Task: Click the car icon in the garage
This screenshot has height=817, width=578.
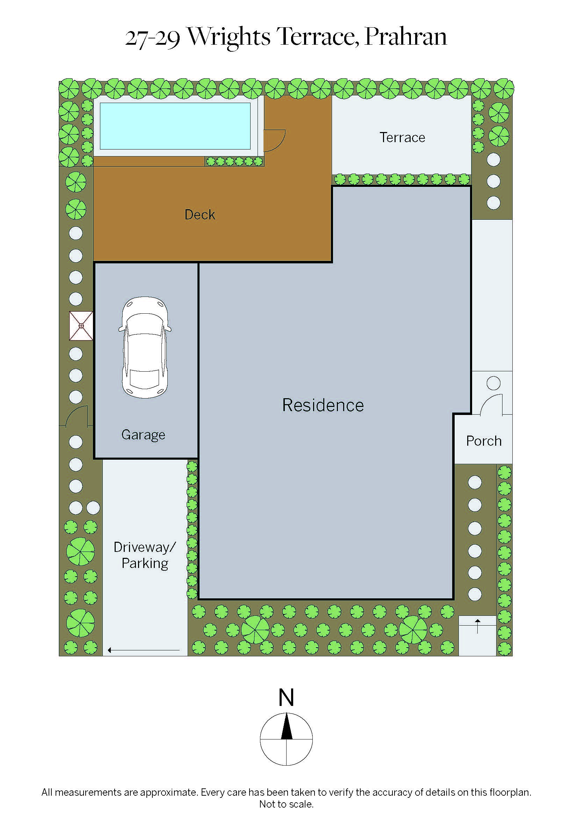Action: click(145, 347)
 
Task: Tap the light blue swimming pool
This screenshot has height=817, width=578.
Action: click(175, 126)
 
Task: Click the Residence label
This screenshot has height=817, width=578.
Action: click(323, 405)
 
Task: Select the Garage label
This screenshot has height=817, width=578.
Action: click(143, 435)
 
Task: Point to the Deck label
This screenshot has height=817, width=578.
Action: click(200, 214)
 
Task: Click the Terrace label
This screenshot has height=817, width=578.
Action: click(402, 137)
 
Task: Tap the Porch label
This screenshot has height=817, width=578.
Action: click(484, 441)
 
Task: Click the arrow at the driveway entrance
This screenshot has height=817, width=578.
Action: click(143, 650)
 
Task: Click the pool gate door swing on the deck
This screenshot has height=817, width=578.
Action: click(274, 140)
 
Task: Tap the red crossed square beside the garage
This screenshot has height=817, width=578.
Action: click(81, 326)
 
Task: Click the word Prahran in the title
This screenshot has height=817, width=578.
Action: click(406, 37)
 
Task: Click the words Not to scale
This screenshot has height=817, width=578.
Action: click(286, 804)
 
